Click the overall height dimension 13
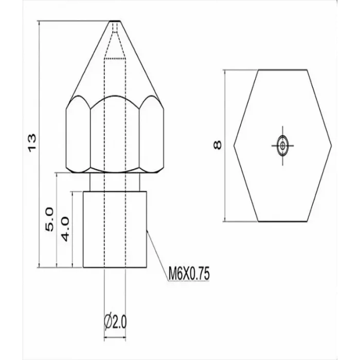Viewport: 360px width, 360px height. point(32,142)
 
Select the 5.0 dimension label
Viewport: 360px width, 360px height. point(49,220)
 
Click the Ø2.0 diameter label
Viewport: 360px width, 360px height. point(116,323)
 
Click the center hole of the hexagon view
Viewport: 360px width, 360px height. point(282,146)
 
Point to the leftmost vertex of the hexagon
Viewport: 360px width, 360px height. point(234,146)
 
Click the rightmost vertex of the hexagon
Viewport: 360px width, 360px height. point(331,146)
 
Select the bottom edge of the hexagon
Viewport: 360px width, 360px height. point(282,221)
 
